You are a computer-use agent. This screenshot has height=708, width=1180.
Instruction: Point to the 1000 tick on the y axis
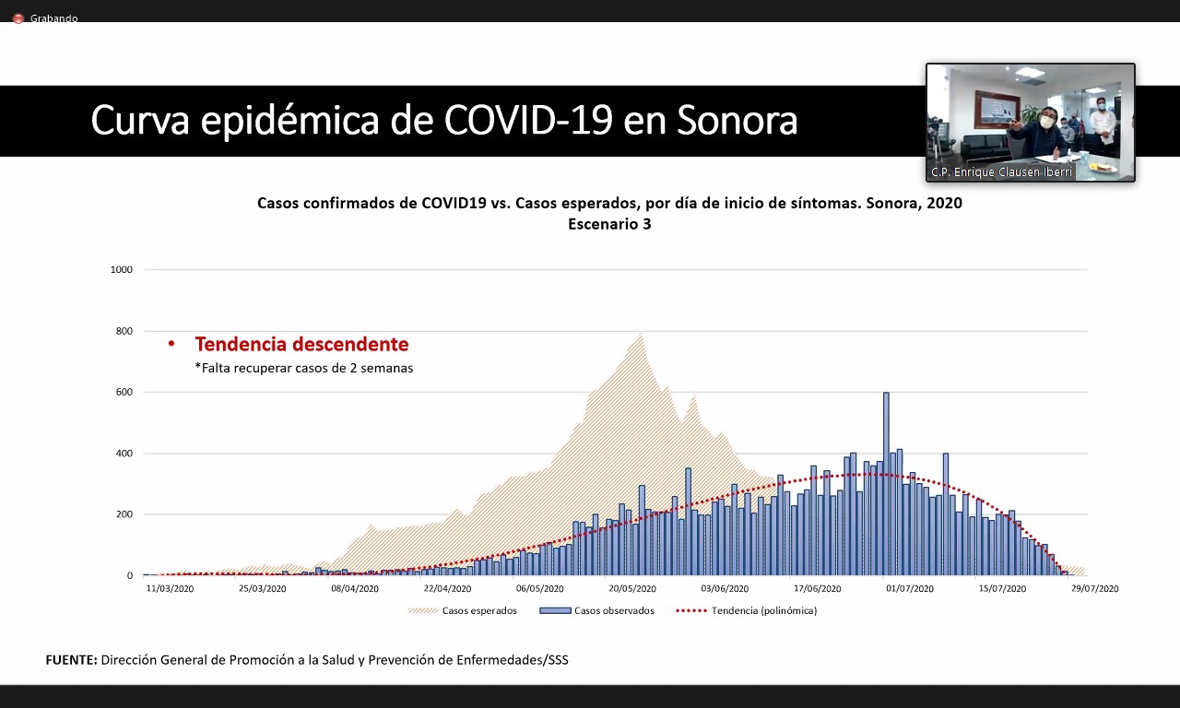click(122, 270)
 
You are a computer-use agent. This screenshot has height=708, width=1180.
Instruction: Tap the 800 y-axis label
click(124, 331)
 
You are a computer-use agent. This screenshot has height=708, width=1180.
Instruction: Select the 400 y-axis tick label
click(124, 454)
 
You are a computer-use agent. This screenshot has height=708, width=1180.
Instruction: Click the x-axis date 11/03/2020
click(171, 588)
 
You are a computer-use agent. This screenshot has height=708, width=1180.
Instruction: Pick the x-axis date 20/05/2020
click(632, 588)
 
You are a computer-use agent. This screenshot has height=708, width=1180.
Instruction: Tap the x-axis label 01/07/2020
click(911, 588)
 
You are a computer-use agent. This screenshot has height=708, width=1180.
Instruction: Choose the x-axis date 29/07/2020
click(1095, 588)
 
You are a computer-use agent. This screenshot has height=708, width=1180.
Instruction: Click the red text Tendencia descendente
click(301, 345)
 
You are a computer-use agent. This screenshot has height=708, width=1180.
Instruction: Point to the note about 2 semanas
click(303, 368)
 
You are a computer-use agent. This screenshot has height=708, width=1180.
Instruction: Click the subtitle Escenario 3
click(609, 224)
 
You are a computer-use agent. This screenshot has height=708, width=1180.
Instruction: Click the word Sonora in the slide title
click(737, 121)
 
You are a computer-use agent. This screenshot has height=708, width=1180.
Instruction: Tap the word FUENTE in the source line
click(71, 660)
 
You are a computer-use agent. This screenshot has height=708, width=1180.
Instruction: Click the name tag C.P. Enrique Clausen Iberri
click(1002, 172)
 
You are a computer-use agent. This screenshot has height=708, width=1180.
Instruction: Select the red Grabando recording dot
click(18, 18)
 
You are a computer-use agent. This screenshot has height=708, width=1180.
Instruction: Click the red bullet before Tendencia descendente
click(171, 345)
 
